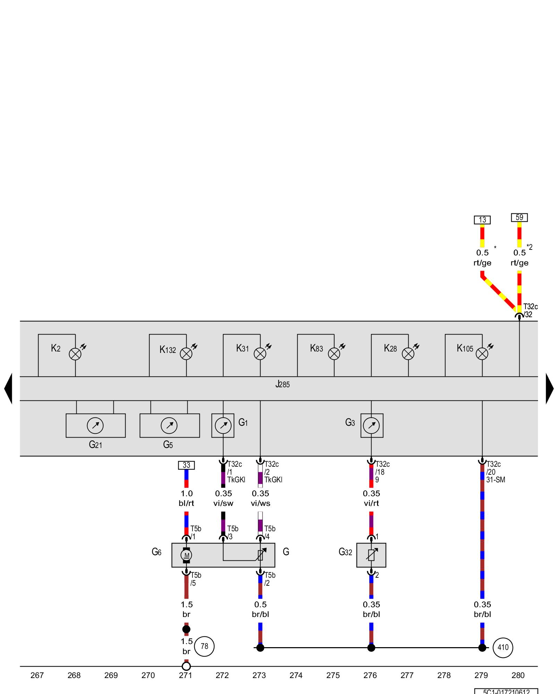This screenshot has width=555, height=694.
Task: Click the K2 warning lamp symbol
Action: tap(75, 354)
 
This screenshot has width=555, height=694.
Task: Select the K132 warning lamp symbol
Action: tap(186, 354)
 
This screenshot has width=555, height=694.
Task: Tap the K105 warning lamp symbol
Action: tap(482, 354)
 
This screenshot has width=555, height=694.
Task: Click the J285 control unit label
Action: tap(282, 384)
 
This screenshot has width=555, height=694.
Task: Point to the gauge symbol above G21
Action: tap(95, 425)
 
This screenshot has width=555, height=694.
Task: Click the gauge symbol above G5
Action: tap(169, 425)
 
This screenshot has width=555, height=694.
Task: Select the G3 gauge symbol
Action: tap(372, 425)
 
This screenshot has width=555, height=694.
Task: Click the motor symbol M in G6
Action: tap(186, 555)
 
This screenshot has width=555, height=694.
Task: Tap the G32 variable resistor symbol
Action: tap(371, 555)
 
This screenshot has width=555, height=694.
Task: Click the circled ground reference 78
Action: tap(204, 646)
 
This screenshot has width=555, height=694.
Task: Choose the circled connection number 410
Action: tap(503, 647)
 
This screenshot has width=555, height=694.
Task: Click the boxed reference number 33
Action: tap(186, 465)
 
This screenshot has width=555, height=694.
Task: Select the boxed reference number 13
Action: tap(482, 220)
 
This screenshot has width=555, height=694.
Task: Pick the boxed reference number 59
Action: tap(519, 217)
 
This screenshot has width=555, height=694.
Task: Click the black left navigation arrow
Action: tap(8, 389)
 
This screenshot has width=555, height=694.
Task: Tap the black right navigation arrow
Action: tap(549, 389)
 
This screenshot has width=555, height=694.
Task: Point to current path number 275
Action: tap(333, 675)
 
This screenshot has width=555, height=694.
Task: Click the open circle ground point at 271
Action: tap(186, 666)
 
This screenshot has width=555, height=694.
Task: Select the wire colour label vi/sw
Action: tap(223, 503)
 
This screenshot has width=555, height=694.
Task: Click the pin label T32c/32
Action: tap(530, 310)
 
